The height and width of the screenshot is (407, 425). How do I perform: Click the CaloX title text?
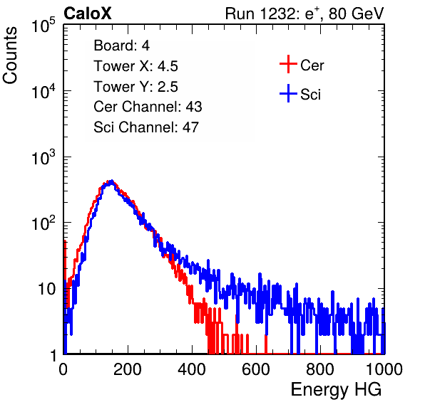point(87,14)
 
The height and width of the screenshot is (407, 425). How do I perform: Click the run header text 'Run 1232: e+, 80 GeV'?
point(304,14)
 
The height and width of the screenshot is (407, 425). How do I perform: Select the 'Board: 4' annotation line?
point(121,45)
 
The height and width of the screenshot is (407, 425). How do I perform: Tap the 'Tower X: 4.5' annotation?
point(135,66)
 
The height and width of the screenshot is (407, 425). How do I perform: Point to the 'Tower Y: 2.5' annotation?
point(135,87)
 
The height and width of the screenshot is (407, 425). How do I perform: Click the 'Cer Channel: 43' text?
point(148,107)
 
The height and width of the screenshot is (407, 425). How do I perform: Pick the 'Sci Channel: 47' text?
point(146,127)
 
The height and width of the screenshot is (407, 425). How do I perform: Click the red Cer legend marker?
point(288,64)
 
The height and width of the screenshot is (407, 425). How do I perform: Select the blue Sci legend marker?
point(288,93)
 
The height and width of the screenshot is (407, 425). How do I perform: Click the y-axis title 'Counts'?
point(10,55)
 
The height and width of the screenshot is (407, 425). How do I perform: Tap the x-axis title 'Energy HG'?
point(336,389)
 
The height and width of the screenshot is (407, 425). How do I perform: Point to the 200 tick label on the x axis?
point(128,369)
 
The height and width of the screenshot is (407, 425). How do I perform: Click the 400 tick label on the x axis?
point(192,369)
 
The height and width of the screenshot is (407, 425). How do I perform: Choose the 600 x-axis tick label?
point(256,369)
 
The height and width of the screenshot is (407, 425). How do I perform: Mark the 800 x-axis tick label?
point(320,369)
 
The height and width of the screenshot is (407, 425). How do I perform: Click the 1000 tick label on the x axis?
point(384,369)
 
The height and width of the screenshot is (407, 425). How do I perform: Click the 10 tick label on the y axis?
point(46,289)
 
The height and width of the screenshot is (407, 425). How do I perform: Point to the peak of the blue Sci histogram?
point(111,181)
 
